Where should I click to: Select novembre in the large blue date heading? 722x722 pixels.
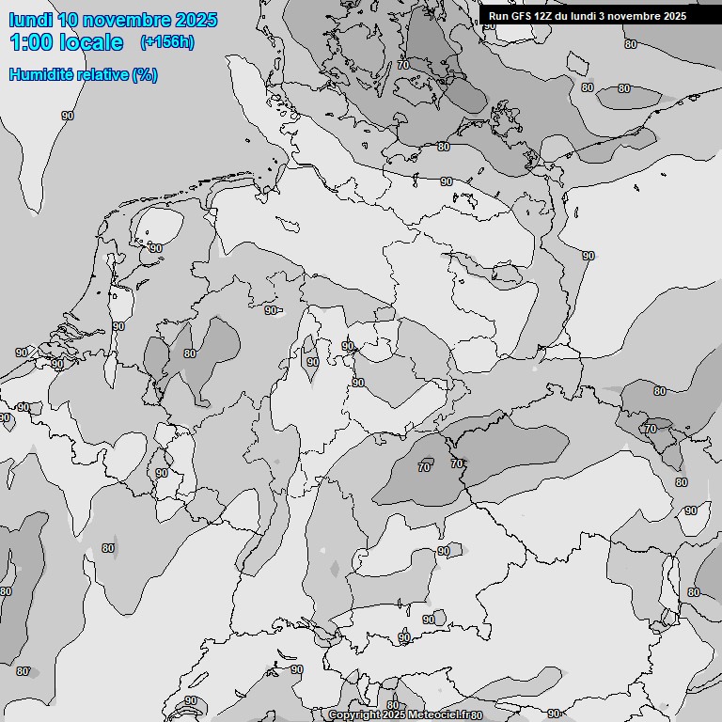click(x=128, y=20)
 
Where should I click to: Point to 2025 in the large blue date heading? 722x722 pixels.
click(x=196, y=20)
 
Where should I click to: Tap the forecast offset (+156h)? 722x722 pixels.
click(x=166, y=42)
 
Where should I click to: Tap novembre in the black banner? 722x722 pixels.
click(x=630, y=16)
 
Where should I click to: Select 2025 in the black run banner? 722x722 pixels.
click(x=673, y=16)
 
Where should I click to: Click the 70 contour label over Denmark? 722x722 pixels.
click(x=403, y=65)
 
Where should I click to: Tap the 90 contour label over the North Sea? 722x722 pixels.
click(x=68, y=116)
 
